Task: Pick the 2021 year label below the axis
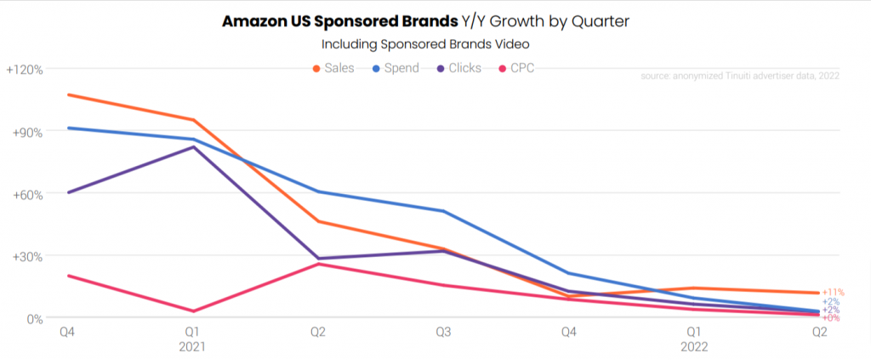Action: coord(192,347)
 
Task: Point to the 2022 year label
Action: coord(693,347)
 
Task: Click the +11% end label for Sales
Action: coord(834,293)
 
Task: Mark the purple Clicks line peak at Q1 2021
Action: coord(193,147)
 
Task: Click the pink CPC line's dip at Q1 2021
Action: coord(193,311)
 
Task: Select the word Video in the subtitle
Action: coord(520,43)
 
